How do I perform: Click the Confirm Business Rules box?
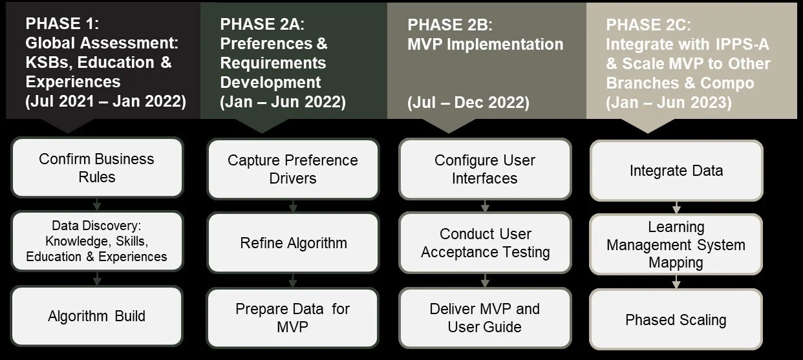(x=97, y=167)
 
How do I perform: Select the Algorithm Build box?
(x=97, y=316)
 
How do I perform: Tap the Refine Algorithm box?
(x=293, y=243)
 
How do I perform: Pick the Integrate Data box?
(x=676, y=171)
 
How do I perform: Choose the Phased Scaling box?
(x=676, y=319)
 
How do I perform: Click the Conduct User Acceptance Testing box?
(x=485, y=243)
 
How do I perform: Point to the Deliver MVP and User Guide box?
(x=485, y=318)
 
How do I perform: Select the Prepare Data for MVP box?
(x=292, y=318)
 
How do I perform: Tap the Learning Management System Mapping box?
(x=676, y=245)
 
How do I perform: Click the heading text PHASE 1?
(x=62, y=24)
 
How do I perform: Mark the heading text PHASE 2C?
(x=648, y=25)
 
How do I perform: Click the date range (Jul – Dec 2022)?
(x=468, y=103)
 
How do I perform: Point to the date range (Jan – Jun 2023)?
(x=669, y=103)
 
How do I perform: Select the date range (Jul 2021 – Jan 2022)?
(x=106, y=101)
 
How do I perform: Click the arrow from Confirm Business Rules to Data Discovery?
(x=97, y=204)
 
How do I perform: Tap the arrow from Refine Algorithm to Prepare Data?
(x=293, y=281)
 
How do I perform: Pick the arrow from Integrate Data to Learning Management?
(x=676, y=207)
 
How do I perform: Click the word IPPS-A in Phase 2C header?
(x=742, y=45)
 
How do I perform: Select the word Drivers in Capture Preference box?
(x=293, y=178)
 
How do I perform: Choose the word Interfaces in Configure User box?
(x=485, y=178)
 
